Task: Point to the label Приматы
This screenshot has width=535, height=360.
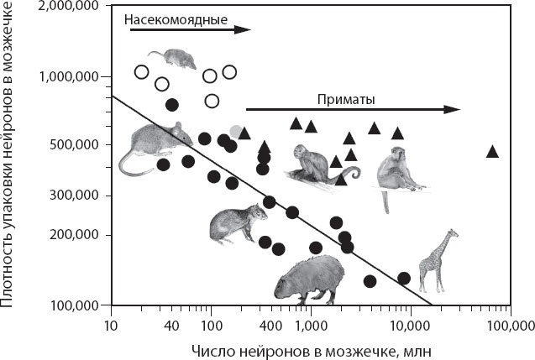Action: [345, 98]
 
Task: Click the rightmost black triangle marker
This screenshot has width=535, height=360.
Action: [492, 151]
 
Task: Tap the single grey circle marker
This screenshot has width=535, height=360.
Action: [237, 132]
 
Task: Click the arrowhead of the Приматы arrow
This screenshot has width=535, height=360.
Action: [454, 109]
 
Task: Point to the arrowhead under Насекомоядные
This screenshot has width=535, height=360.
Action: [244, 29]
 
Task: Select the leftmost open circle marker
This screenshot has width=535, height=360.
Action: [142, 71]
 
